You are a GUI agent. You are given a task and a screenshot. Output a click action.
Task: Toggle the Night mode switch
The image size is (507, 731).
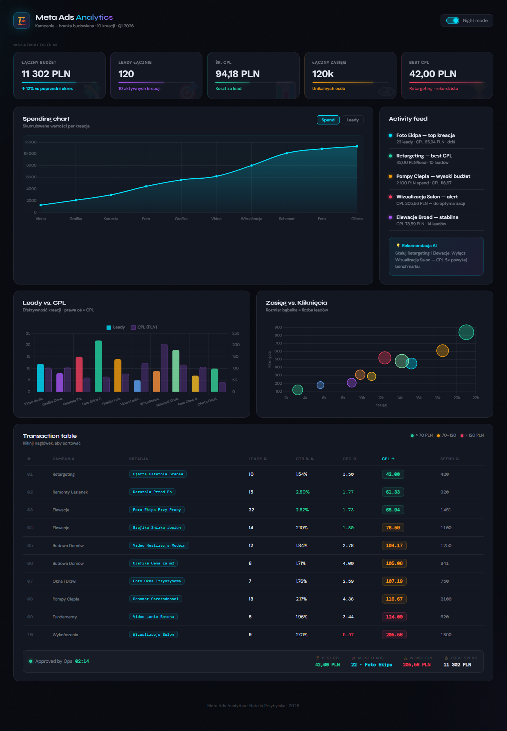click(453, 20)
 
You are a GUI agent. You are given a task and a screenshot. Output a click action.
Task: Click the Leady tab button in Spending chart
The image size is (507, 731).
click(352, 120)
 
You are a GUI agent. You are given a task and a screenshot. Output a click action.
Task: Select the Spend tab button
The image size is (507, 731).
click(328, 120)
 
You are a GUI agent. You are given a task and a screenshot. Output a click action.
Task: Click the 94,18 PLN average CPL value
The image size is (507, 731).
click(237, 74)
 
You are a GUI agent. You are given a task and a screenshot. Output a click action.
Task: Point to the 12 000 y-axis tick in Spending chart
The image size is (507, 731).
click(30, 142)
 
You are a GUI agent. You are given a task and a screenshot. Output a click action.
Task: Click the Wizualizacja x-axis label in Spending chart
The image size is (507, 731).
click(251, 219)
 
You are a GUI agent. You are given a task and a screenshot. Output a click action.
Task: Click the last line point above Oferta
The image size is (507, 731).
click(357, 146)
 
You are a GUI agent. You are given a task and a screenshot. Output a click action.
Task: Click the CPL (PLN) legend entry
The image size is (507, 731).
click(144, 327)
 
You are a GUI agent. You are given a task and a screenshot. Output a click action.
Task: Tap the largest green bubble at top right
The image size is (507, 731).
click(466, 332)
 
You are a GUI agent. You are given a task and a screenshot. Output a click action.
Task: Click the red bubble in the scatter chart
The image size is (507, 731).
click(385, 358)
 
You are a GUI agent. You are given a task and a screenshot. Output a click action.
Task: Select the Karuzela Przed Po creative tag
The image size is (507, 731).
click(152, 492)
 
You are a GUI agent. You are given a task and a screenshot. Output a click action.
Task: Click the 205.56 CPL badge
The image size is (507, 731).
click(394, 635)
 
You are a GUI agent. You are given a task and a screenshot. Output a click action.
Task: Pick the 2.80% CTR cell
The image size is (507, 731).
click(303, 492)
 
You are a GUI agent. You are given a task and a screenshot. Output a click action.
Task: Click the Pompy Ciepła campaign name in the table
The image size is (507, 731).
click(66, 599)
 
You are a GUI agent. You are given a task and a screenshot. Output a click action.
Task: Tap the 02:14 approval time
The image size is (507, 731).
click(82, 661)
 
